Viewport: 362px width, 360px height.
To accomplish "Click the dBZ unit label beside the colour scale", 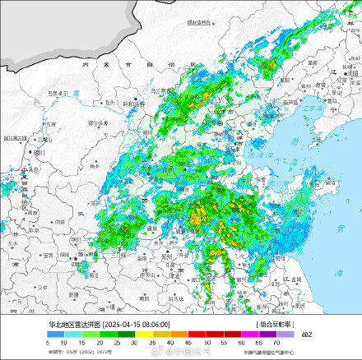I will click(305, 335).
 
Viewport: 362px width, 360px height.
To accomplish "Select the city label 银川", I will click(39, 153).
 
